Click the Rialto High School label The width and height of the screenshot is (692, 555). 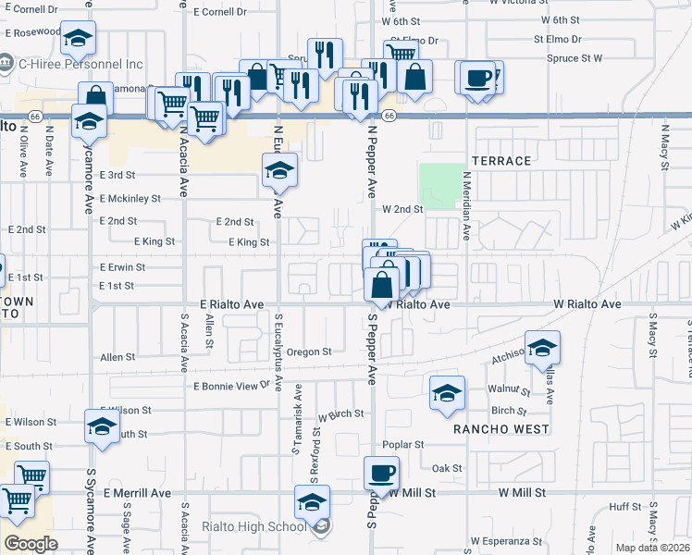coord(253,527)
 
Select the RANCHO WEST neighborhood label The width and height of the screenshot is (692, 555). coord(500,429)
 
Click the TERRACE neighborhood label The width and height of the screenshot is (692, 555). coord(502,161)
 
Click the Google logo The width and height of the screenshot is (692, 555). coord(31,543)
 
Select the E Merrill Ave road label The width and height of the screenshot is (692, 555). coord(138,494)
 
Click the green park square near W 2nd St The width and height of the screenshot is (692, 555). coord(442,185)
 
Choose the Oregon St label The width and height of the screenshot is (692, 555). coord(308,351)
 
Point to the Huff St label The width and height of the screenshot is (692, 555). coord(625,507)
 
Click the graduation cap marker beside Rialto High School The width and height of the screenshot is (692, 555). coord(313,503)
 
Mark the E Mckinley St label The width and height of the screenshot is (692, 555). coord(130,198)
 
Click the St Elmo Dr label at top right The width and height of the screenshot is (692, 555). coord(557,40)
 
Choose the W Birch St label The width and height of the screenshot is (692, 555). coord(340,415)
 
